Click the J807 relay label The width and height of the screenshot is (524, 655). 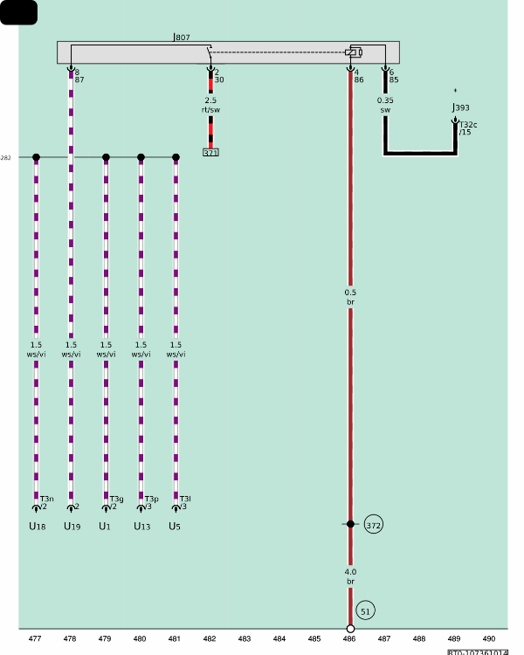(182, 38)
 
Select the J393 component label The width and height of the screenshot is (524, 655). (460, 108)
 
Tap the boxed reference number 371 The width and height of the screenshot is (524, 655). (210, 153)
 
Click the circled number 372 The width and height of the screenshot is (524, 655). (374, 525)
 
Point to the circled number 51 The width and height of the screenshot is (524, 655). (366, 611)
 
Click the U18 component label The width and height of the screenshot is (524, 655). (36, 527)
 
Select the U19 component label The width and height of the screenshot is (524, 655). (72, 527)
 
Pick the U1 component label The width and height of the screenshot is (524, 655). (105, 527)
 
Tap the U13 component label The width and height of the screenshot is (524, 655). (141, 527)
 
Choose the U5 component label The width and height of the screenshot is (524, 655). (175, 527)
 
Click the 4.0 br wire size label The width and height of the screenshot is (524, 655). (350, 576)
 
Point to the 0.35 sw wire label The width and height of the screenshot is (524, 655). (385, 105)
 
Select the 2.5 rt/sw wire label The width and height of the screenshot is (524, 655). (210, 105)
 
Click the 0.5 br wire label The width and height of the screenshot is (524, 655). (350, 297)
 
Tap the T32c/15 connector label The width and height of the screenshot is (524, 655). (468, 128)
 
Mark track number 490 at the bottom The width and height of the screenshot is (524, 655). (489, 639)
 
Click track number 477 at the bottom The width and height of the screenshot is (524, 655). (35, 639)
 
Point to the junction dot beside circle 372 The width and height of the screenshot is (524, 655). (350, 524)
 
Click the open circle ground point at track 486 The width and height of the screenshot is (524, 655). (350, 629)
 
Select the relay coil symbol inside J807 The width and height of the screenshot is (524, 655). (353, 52)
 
